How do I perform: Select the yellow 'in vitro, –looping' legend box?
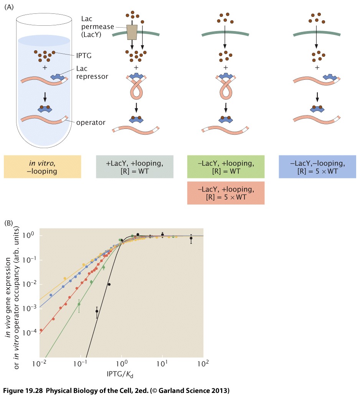click(43, 167)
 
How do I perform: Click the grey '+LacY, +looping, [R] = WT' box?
click(135, 167)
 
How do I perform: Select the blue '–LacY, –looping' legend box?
click(317, 167)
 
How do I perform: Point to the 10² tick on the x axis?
click(203, 362)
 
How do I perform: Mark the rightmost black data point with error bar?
click(191, 238)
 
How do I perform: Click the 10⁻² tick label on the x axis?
click(40, 362)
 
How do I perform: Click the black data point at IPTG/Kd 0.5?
click(109, 284)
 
